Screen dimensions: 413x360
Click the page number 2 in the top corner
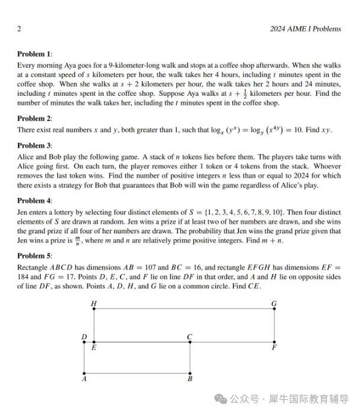pyautogui.click(x=20, y=28)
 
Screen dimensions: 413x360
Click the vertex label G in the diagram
pyautogui.click(x=274, y=303)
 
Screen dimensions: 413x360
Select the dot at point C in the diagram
pyautogui.click(x=190, y=342)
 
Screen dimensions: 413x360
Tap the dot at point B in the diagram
pyautogui.click(x=190, y=373)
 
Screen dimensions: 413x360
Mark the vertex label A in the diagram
pyautogui.click(x=85, y=380)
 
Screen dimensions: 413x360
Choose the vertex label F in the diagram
pyautogui.click(x=274, y=349)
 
